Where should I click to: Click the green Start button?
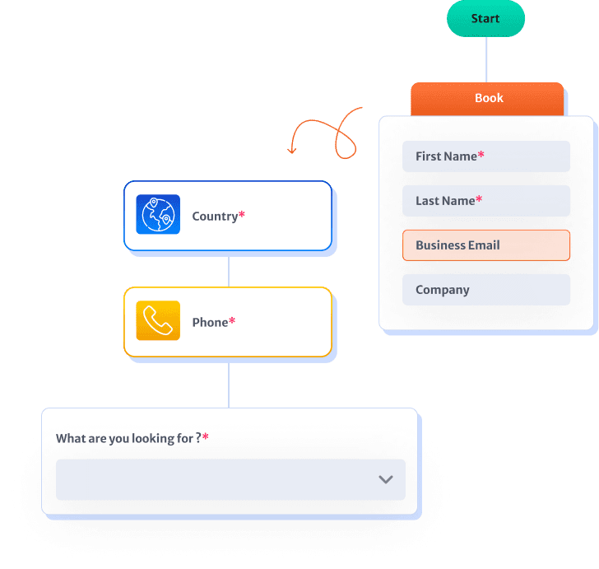click(x=485, y=18)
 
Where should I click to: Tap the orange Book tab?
click(x=487, y=99)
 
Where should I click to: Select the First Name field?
click(x=486, y=156)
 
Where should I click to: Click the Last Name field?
click(x=486, y=201)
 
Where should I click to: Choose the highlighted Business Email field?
click(x=486, y=245)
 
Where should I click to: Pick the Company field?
click(x=486, y=290)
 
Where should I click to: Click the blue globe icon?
click(x=158, y=214)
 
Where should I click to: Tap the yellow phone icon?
click(x=158, y=320)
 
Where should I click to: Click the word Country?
click(x=215, y=217)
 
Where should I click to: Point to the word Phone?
click(x=210, y=322)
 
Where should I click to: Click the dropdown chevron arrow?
click(x=386, y=479)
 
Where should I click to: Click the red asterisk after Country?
click(x=241, y=214)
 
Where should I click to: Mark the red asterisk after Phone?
click(x=232, y=320)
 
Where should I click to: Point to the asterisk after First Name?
click(x=481, y=154)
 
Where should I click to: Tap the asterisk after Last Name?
click(x=479, y=198)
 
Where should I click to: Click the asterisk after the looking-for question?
click(x=206, y=436)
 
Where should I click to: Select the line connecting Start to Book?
click(x=486, y=59)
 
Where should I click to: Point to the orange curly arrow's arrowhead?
click(x=292, y=151)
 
